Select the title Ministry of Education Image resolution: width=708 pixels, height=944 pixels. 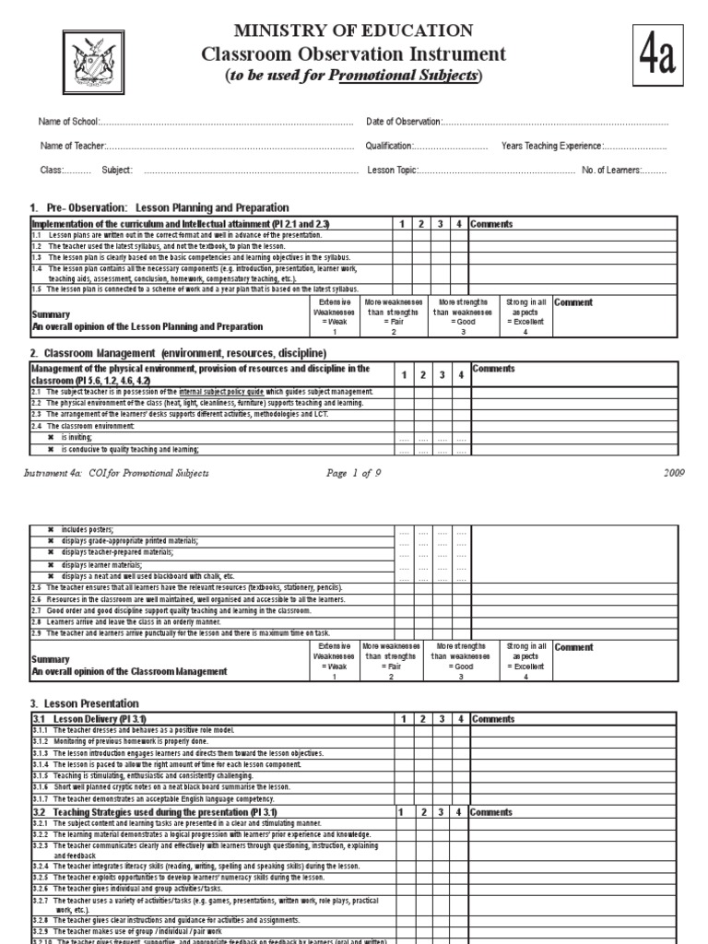point(354,31)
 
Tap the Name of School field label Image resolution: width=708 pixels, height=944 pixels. point(67,122)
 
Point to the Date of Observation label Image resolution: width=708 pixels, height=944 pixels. point(404,122)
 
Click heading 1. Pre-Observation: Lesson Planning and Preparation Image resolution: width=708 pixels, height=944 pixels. point(159,208)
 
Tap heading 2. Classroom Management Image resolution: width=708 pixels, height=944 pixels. point(178,353)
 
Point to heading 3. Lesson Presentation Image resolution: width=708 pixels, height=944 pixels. point(85,703)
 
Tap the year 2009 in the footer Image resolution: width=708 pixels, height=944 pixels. point(675,474)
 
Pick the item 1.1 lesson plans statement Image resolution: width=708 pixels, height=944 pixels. point(184,236)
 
